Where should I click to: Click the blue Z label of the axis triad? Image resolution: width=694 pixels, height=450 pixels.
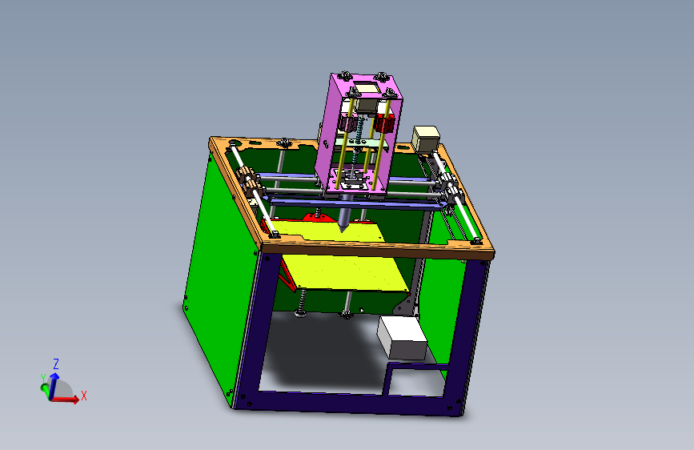coord(56,364)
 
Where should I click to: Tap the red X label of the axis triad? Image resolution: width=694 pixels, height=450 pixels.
coord(84,396)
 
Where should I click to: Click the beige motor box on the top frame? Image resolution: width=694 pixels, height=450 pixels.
coord(426,137)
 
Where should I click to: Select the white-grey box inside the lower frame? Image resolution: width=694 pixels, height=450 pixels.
coord(403,337)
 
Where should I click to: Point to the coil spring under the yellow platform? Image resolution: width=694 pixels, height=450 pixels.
coord(303,304)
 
